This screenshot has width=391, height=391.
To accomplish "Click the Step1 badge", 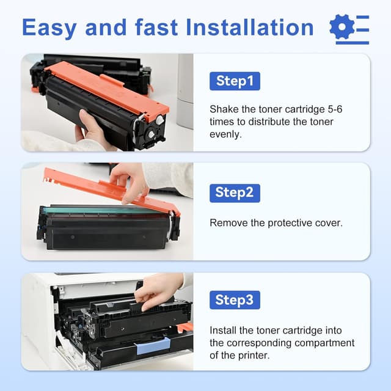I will click(x=235, y=81).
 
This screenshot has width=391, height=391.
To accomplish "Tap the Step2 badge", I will click(x=235, y=192).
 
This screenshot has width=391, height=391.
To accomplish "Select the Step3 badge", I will click(x=235, y=300).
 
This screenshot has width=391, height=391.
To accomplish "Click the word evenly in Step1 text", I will click(x=225, y=134).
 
